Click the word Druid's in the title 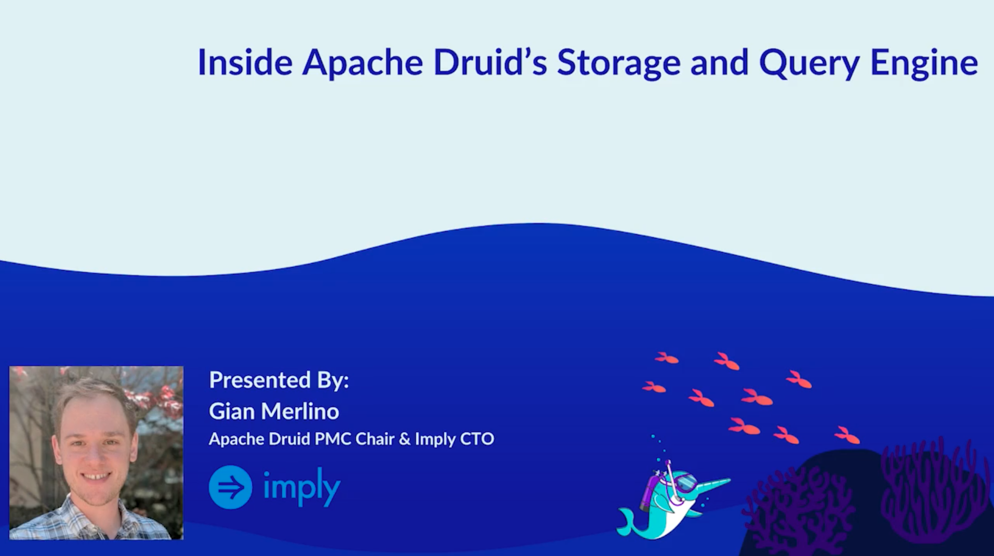[490, 62]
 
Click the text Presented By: [279, 380]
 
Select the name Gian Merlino [274, 411]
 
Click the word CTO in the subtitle [477, 439]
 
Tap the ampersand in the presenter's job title [404, 439]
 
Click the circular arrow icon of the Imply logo [231, 487]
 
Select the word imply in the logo [301, 487]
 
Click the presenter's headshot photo [96, 453]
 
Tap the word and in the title [719, 62]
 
